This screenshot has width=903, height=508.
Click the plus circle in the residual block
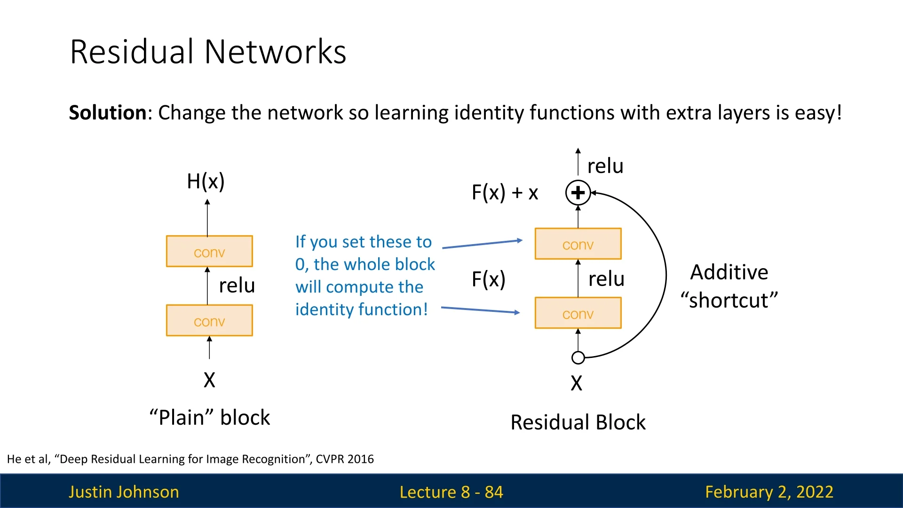[578, 192]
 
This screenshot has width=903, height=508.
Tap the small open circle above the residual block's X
[578, 358]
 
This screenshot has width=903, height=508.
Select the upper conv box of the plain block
[209, 251]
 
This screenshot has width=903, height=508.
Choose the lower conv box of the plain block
[209, 320]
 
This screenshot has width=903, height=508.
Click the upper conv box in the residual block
[578, 244]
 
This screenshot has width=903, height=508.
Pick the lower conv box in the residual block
[578, 313]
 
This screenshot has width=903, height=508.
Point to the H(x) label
[206, 182]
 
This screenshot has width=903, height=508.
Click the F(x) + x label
[505, 193]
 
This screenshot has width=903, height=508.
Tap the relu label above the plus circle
[605, 166]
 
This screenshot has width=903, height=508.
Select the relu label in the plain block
[237, 286]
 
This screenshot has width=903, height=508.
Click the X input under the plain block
[209, 380]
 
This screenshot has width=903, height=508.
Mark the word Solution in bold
[108, 113]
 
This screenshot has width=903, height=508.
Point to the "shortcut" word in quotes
[729, 301]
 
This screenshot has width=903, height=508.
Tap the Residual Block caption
[578, 422]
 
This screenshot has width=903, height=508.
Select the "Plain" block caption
[210, 418]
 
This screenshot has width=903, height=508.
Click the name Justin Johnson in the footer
[124, 492]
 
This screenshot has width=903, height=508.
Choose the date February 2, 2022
[769, 492]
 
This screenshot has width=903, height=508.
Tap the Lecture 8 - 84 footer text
[451, 492]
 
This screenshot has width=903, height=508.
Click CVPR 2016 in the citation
[345, 459]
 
